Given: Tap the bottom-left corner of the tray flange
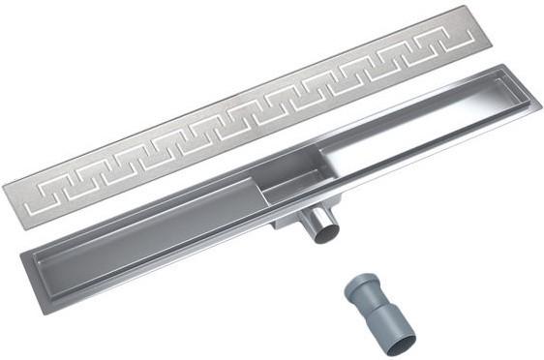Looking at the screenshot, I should [27, 290].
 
